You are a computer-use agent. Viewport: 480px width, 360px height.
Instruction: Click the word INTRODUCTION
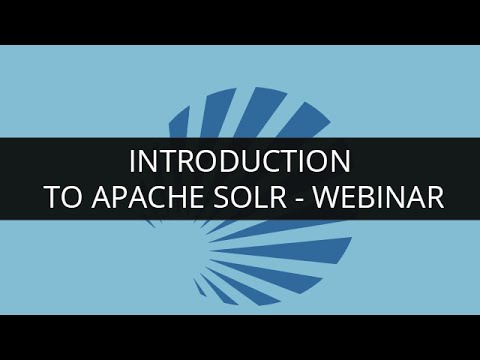[239, 161]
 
